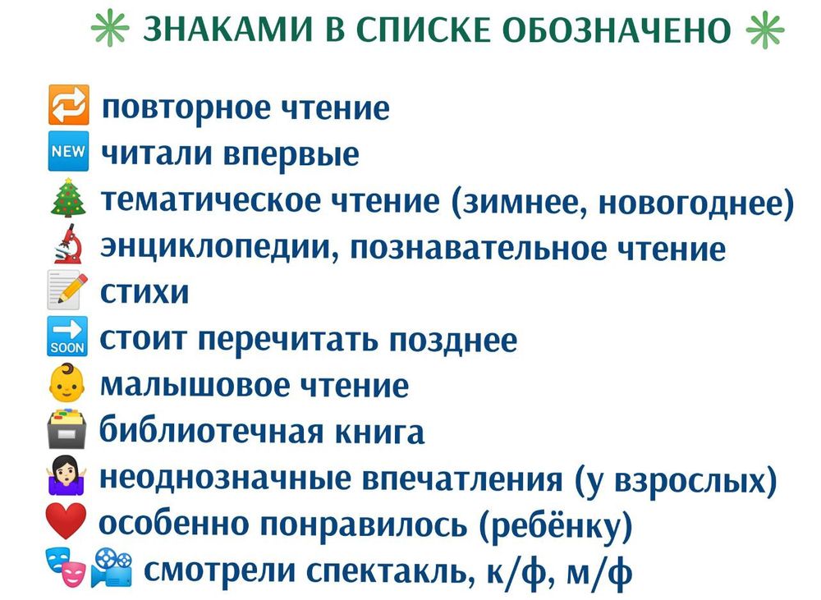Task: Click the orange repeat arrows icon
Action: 68,108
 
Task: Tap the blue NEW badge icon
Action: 68,153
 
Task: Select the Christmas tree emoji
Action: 68,199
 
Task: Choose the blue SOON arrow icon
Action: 68,338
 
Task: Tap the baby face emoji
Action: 68,385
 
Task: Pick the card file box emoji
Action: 68,431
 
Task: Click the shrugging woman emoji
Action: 68,478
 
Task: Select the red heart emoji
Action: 68,524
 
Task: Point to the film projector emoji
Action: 112,566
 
